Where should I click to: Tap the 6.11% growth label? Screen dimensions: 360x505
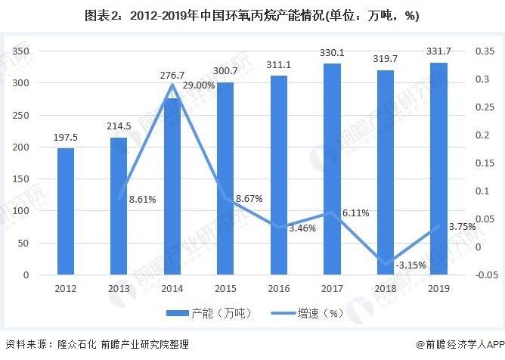(355, 213)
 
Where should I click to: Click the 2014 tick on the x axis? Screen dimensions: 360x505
(172, 288)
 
